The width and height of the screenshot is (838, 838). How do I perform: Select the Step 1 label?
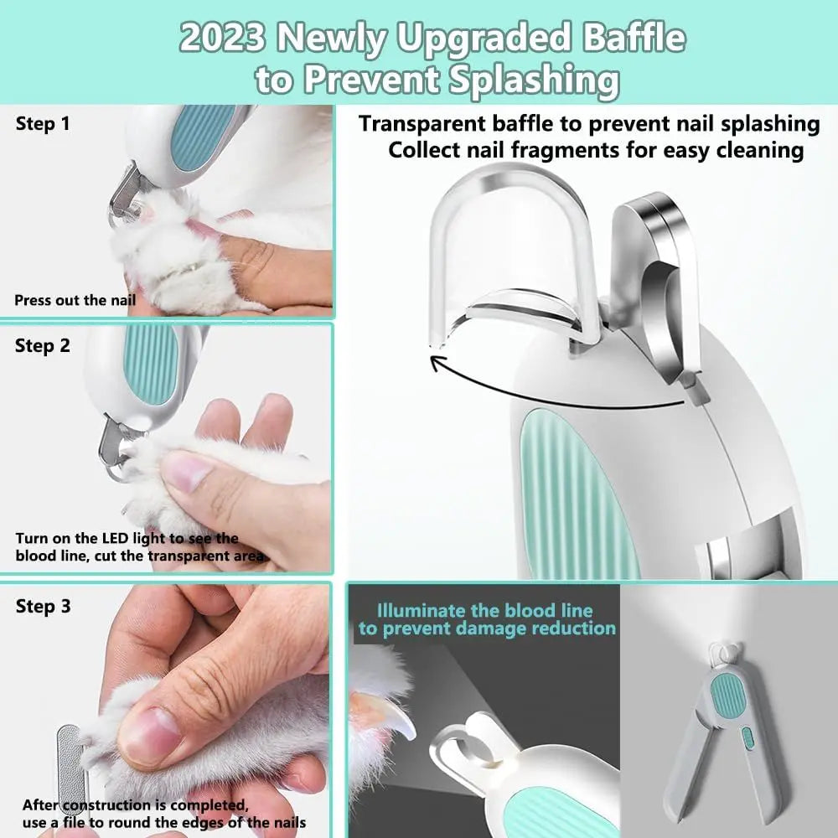pyautogui.click(x=43, y=125)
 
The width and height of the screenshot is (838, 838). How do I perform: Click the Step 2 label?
pyautogui.click(x=43, y=345)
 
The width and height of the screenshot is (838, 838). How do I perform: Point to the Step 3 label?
pyautogui.click(x=43, y=606)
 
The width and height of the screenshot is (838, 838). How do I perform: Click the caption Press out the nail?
pyautogui.click(x=75, y=299)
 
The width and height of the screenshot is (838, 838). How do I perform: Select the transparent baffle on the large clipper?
pyautogui.click(x=511, y=243)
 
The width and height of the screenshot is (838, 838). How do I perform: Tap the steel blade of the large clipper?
pyautogui.click(x=662, y=277)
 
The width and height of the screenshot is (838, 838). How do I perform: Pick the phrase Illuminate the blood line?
pyautogui.click(x=484, y=610)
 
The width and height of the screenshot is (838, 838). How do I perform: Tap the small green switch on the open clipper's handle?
pyautogui.click(x=747, y=739)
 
